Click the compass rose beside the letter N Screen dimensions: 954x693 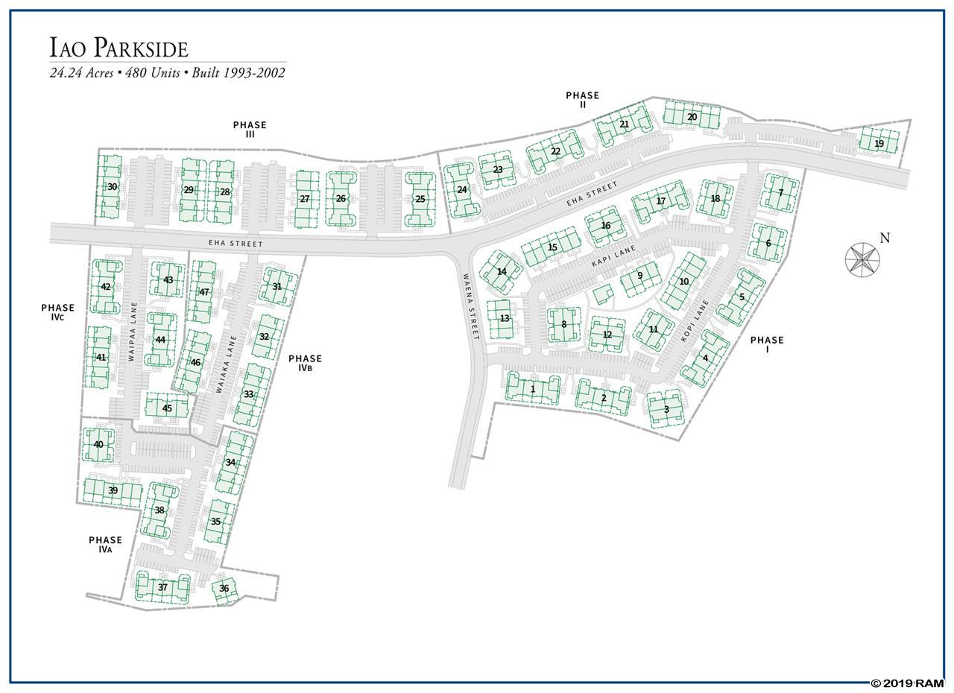click(x=862, y=259)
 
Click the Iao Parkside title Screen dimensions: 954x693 click(x=119, y=47)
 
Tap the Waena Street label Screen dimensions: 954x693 click(x=470, y=306)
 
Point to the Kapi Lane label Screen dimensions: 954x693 click(x=613, y=256)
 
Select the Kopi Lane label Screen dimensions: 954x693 click(x=695, y=320)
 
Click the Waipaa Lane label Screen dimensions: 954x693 click(x=133, y=331)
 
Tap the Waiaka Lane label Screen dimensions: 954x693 click(x=226, y=364)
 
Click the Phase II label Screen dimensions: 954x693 click(x=582, y=100)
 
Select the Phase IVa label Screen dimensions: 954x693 click(x=105, y=545)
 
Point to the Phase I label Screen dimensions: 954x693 click(x=767, y=344)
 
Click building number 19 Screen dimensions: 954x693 click(x=879, y=144)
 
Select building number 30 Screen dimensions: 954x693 click(x=109, y=186)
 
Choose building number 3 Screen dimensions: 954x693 click(x=666, y=410)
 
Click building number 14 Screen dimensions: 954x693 click(x=502, y=271)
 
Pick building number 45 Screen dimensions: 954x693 click(x=166, y=408)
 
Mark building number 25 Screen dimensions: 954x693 click(x=420, y=199)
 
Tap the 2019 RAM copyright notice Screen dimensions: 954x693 click(x=907, y=683)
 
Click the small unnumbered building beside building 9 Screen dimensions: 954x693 click(x=604, y=294)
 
